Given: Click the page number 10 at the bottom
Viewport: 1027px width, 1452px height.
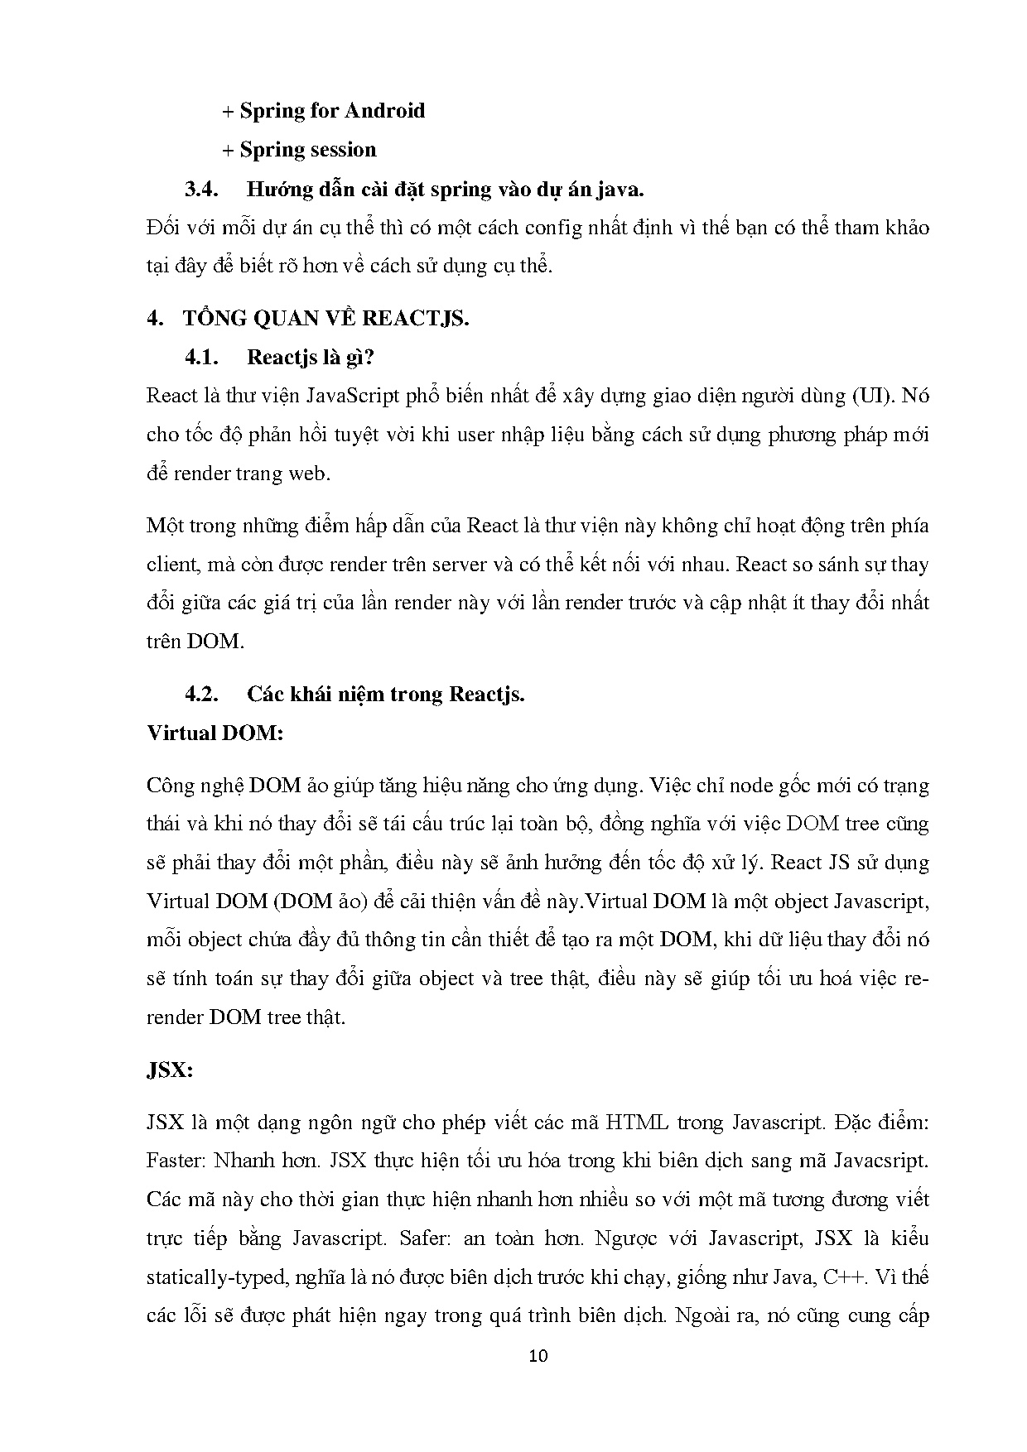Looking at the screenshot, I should (538, 1356).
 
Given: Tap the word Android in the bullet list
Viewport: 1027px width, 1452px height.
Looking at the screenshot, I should (384, 111).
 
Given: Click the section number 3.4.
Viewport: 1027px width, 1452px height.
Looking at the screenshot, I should (200, 189).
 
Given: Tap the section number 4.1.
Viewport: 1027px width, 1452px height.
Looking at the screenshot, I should (200, 358).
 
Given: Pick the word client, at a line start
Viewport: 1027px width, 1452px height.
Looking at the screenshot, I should (173, 565).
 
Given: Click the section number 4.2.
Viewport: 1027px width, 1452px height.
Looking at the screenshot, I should (200, 694).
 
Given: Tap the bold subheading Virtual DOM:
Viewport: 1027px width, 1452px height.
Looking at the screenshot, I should (215, 733).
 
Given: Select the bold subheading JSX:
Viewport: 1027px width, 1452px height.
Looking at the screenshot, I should (169, 1070).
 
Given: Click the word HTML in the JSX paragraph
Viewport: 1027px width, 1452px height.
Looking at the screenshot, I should (638, 1123).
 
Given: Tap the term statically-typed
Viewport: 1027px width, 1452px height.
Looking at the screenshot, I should (215, 1277).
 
